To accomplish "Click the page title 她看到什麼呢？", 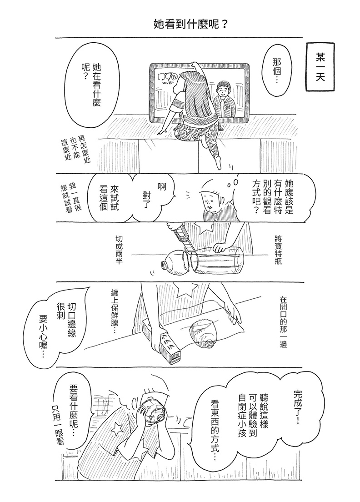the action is [x=191, y=24].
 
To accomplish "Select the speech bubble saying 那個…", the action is [x=277, y=71].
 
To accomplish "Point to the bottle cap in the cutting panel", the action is [x=164, y=266].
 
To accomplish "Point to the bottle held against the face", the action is [x=154, y=412].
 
